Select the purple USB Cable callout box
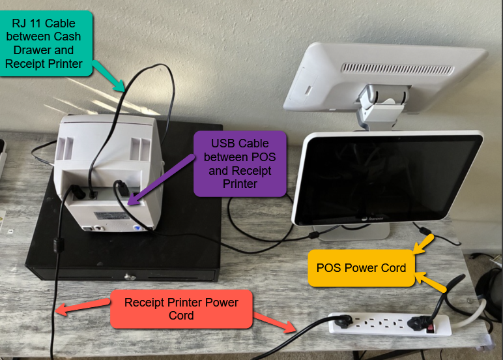tap(240, 163)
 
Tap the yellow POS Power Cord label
tap(361, 267)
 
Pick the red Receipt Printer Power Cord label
tap(181, 308)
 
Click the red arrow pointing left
tap(82, 306)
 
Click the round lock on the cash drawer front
tap(134, 276)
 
